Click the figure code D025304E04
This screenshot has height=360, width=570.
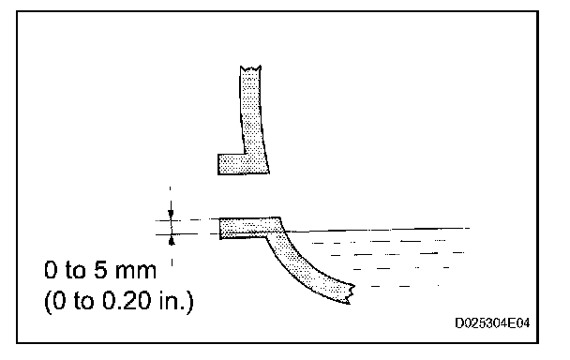pos(492,322)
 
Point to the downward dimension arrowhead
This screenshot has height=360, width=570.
pos(171,215)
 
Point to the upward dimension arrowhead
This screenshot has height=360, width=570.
pos(172,240)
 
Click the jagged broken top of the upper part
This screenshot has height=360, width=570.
pos(250,68)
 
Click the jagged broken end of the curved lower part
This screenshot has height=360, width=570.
pos(351,293)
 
